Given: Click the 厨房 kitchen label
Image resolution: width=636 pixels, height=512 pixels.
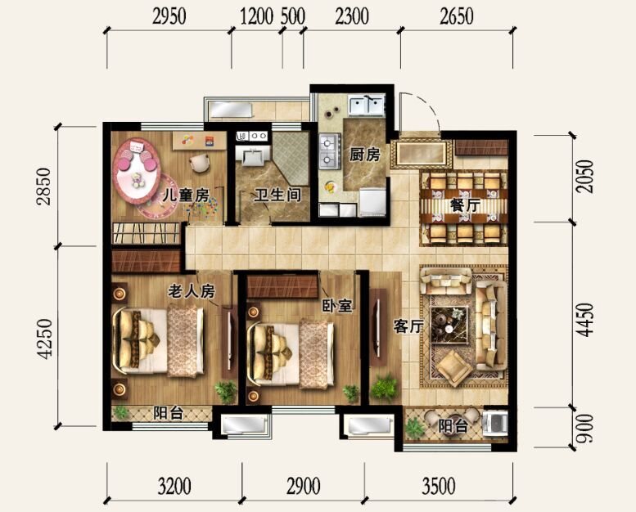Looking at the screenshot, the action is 364,155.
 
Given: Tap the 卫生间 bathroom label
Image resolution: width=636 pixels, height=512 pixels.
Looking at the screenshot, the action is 277,195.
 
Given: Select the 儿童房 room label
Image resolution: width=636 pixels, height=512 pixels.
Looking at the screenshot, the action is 185,195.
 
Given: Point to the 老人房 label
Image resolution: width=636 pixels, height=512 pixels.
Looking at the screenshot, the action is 192,291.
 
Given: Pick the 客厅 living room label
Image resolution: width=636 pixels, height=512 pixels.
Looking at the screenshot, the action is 408,326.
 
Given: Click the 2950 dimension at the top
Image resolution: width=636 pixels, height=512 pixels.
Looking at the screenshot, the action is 169,17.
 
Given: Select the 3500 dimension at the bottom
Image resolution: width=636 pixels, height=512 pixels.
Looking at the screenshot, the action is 439,486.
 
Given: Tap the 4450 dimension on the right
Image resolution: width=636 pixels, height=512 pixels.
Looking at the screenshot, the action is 585,321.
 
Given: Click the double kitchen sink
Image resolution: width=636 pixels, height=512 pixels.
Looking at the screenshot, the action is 367,105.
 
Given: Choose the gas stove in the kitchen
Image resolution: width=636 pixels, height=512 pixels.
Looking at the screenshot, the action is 329,151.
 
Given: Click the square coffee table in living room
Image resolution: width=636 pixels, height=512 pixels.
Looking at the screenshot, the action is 450,325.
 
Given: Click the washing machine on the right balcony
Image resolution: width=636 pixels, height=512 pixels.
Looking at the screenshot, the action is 495,424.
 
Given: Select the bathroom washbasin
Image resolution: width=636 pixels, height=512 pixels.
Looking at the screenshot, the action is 254,155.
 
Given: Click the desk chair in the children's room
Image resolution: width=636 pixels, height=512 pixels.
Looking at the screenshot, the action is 200,163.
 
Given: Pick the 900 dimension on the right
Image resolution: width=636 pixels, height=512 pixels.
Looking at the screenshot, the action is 585,428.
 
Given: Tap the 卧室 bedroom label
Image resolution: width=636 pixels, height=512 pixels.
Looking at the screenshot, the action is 337,306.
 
